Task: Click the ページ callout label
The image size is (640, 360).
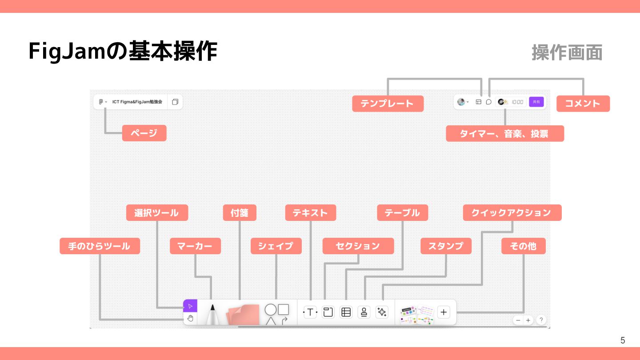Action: coord(144,133)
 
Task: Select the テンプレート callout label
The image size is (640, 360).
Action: coord(388,104)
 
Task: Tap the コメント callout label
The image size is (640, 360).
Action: coord(583,104)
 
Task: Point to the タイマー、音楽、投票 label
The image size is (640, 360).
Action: coord(504,133)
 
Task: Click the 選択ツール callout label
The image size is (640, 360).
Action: coord(157,213)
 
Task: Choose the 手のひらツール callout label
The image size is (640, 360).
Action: coord(100,246)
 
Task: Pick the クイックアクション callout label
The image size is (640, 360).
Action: coord(512,213)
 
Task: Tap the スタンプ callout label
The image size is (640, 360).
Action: coord(446,246)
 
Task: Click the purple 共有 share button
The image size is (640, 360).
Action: coord(536,102)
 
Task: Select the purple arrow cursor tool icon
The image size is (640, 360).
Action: coord(190,306)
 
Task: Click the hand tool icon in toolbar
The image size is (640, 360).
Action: coord(190,318)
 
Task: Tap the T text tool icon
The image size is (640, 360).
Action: coord(310,312)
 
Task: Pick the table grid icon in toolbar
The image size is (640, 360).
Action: coord(346,312)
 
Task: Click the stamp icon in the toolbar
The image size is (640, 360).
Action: coord(364,312)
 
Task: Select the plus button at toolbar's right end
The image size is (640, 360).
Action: coord(444,312)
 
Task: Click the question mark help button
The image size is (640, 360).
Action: coord(541,320)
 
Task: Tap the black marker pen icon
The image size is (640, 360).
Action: coord(212,313)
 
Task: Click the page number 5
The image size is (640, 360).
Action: coord(623,340)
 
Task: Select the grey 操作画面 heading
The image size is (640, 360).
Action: coord(567,52)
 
